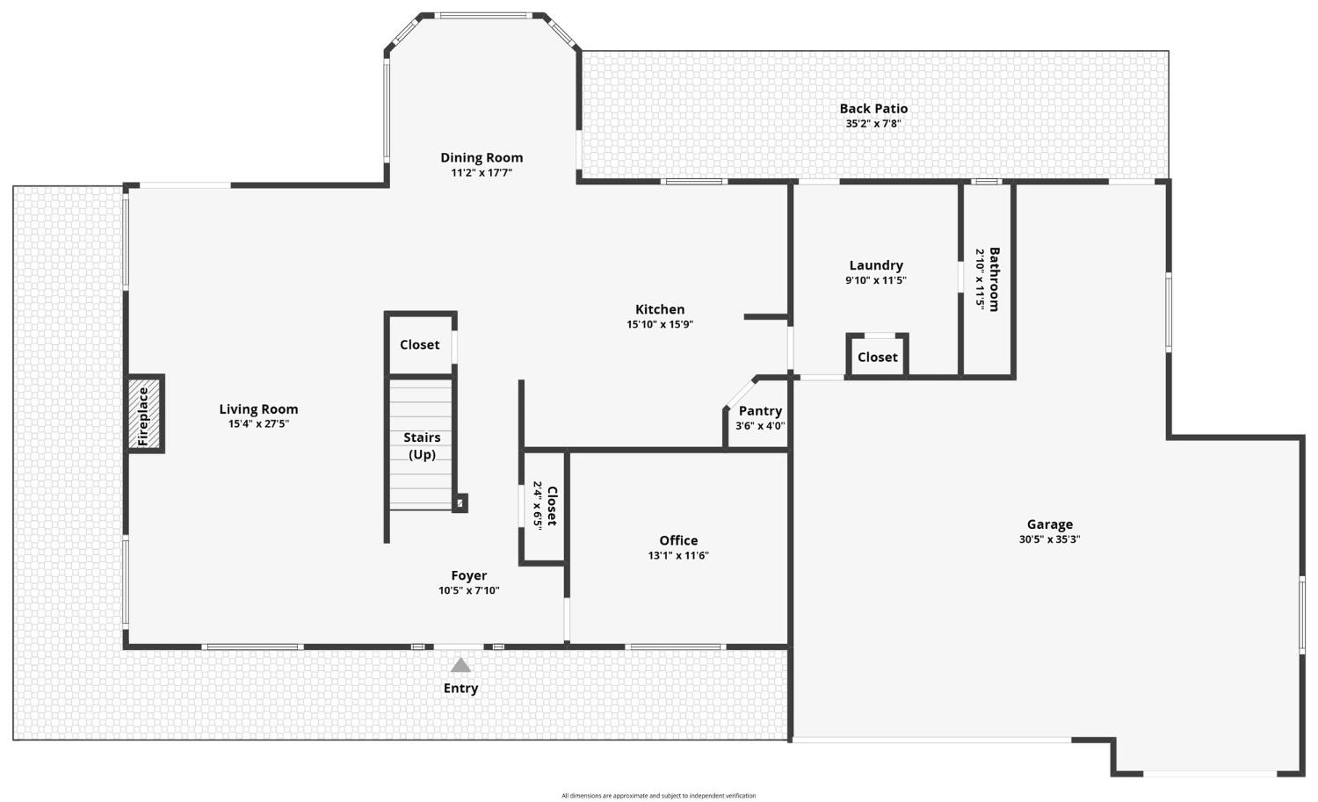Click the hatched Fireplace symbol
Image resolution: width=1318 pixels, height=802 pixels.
click(x=144, y=413)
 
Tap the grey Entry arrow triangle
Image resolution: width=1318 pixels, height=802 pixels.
click(x=460, y=665)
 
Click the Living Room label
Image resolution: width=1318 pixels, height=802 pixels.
click(x=259, y=409)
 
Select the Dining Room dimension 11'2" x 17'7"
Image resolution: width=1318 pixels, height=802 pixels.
click(x=482, y=173)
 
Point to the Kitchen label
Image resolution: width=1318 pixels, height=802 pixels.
click(x=660, y=309)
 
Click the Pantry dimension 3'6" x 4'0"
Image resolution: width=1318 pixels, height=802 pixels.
click(x=760, y=426)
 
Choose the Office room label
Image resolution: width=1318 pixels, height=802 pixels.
click(x=678, y=540)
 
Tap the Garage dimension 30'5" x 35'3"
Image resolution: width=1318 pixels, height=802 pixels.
click(x=1050, y=539)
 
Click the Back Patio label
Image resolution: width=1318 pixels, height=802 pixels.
click(x=873, y=108)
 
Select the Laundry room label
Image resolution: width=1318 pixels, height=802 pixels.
click(x=876, y=265)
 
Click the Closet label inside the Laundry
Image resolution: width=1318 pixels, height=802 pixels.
click(x=877, y=358)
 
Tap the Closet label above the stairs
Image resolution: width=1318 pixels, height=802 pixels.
click(x=419, y=345)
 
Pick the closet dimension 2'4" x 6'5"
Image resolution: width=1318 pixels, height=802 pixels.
click(x=537, y=506)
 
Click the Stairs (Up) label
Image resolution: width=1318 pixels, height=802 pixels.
click(x=422, y=446)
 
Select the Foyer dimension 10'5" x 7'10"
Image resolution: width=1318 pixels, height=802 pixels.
click(x=469, y=591)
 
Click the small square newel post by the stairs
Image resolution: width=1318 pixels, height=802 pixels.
click(x=460, y=503)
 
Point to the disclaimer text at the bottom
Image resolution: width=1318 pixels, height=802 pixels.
click(x=658, y=796)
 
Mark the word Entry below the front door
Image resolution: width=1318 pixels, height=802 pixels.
click(x=460, y=689)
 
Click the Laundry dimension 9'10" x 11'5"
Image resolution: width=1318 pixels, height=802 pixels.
click(x=876, y=281)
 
